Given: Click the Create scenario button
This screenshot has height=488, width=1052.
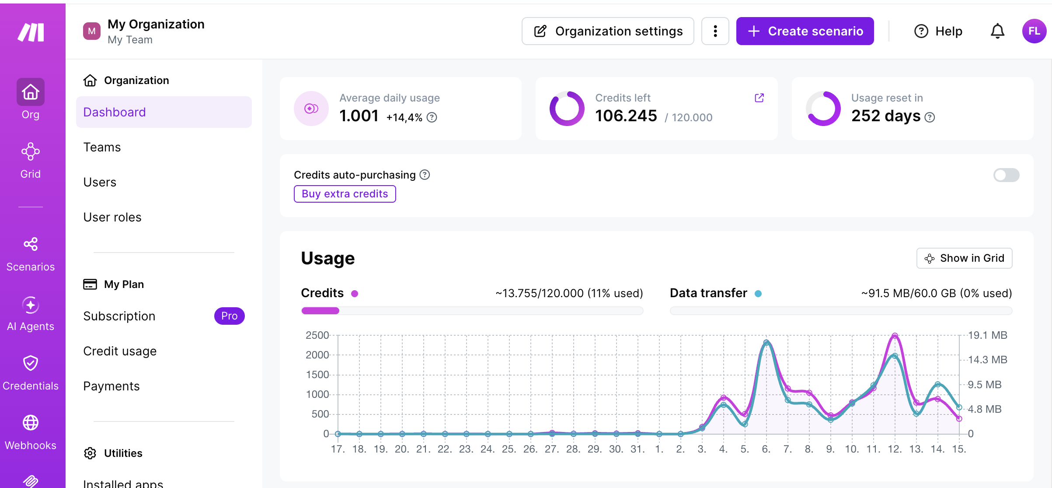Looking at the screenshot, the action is tap(805, 31).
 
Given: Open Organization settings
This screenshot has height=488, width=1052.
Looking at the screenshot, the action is tap(608, 31).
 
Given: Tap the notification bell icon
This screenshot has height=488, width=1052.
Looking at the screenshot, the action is tap(997, 31).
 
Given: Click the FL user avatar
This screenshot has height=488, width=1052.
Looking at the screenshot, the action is tap(1034, 31).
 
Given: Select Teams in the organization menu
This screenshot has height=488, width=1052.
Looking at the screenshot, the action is tap(102, 147).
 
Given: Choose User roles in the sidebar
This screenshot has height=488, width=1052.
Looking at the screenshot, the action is tap(112, 217).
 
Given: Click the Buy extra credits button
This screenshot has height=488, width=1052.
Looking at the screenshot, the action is tap(345, 194).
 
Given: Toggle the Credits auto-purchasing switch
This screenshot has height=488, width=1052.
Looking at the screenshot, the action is tap(1006, 175).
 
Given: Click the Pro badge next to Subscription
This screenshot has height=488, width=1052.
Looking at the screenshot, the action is tap(229, 316).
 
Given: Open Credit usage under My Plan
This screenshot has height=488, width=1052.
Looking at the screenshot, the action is tap(120, 351).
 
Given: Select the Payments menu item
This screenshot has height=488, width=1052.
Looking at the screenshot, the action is tap(111, 386).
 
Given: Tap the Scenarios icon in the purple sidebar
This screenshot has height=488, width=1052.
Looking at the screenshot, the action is tap(31, 244).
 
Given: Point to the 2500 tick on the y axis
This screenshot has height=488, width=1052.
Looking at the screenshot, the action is tap(317, 335).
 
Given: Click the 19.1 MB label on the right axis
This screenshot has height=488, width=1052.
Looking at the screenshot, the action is tap(987, 335).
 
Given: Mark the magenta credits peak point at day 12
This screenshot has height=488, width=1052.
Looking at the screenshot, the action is tap(895, 336).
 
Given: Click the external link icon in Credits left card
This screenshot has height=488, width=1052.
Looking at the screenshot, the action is tap(759, 98).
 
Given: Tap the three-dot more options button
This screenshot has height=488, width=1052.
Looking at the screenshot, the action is tap(715, 31).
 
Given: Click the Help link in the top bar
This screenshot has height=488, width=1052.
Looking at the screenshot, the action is tap(938, 31).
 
